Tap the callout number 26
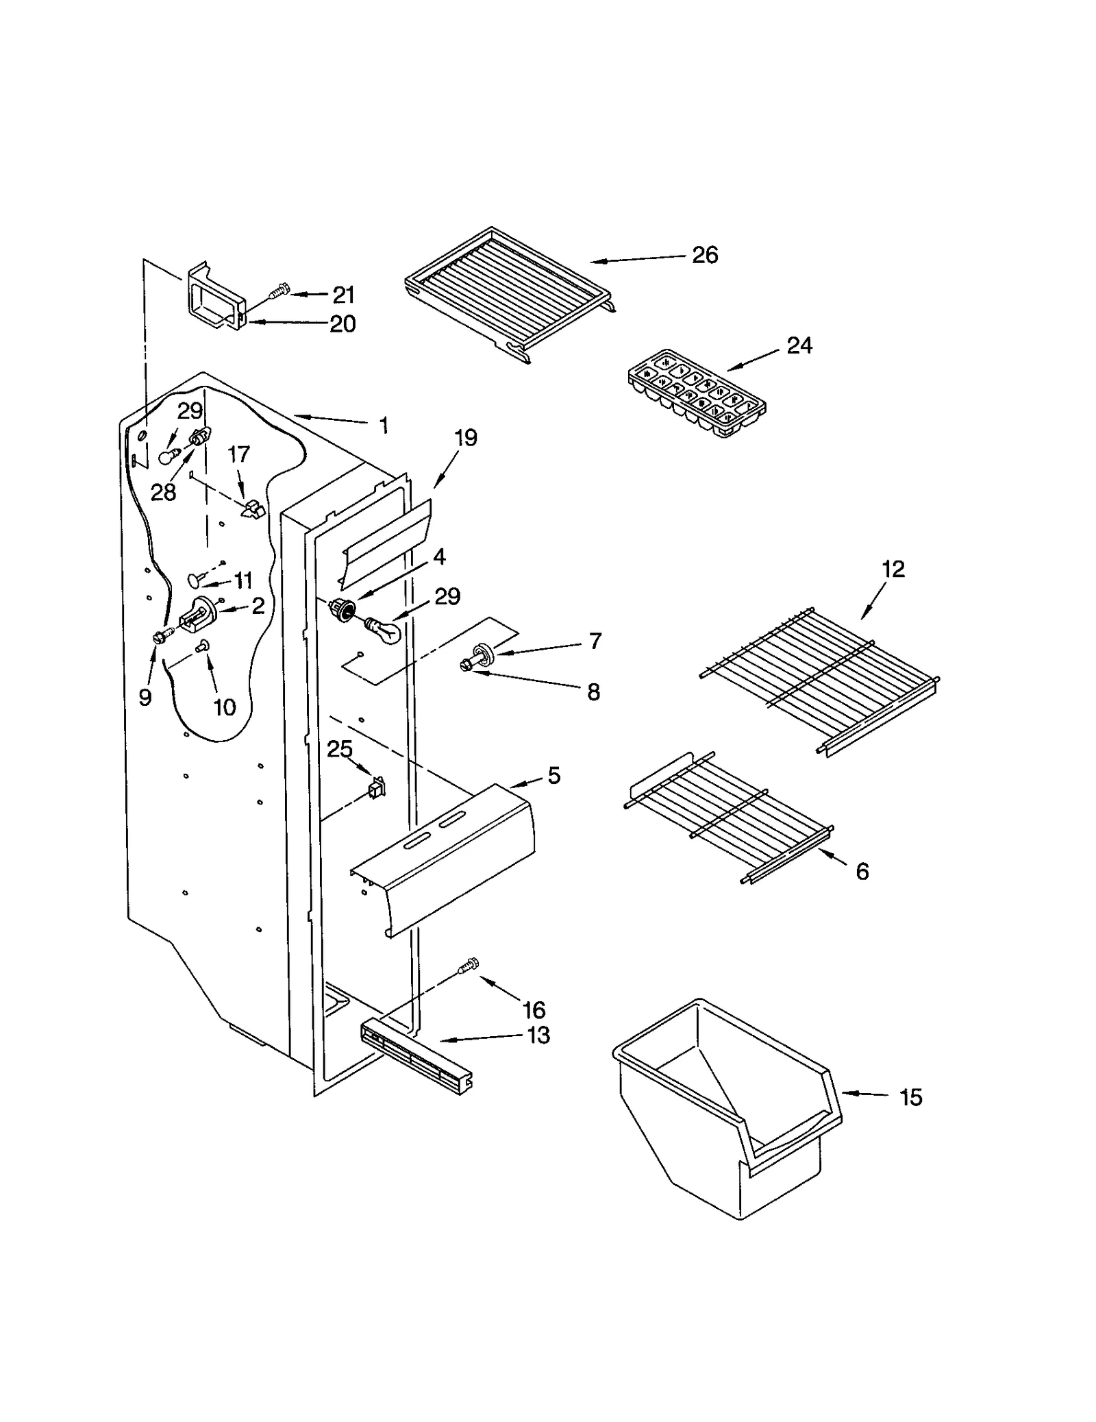point(704,255)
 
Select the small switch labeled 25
point(377,787)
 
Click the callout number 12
point(893,569)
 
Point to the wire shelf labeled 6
point(730,816)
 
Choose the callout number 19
point(466,438)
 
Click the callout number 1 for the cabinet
point(384,426)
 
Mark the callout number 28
point(163,492)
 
